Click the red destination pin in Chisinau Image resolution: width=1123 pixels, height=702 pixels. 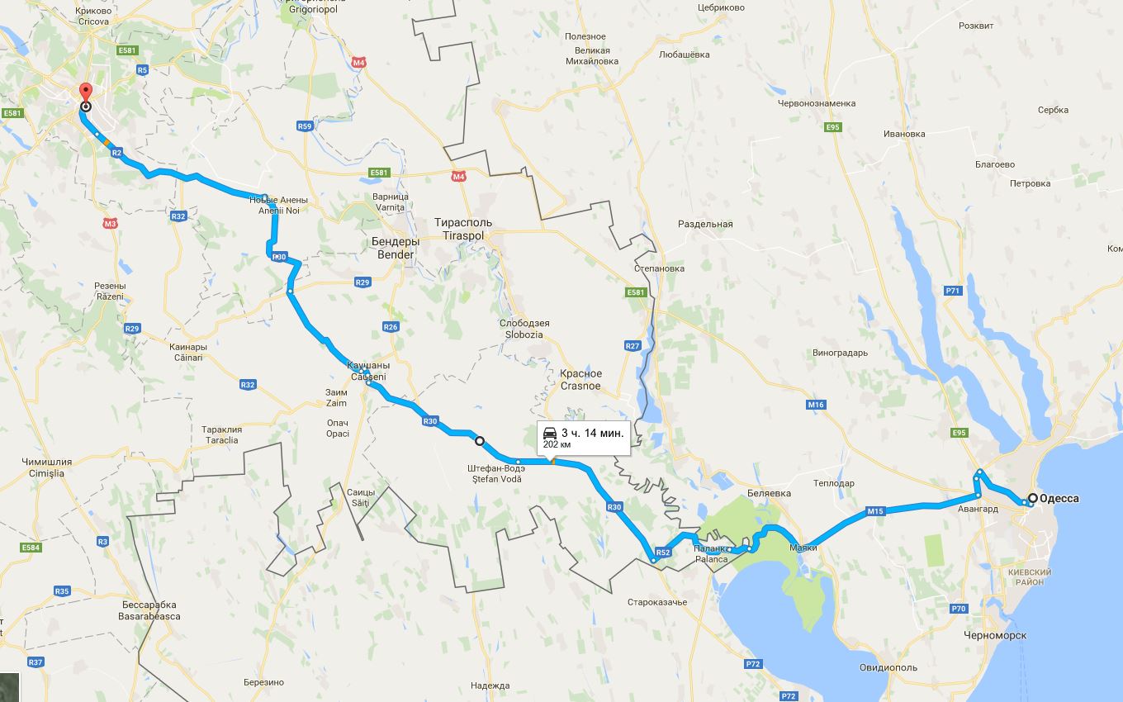point(84,92)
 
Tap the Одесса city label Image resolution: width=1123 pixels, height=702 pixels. point(1059,498)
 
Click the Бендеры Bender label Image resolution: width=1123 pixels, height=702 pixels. point(396,248)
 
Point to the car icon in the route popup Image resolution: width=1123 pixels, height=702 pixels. point(549,433)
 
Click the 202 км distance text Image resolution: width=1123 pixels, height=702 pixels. point(557,445)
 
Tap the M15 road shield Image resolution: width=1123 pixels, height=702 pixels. point(875,511)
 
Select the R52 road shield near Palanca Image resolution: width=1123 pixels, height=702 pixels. point(662,552)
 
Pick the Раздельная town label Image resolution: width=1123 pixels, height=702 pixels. point(705,224)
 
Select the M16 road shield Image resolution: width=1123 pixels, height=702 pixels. point(816,405)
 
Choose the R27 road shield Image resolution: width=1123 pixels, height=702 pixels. point(633,345)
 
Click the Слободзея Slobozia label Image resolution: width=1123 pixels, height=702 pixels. point(524,329)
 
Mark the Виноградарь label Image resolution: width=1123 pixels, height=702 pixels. point(840,353)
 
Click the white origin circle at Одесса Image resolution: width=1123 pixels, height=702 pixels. point(1032,498)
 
